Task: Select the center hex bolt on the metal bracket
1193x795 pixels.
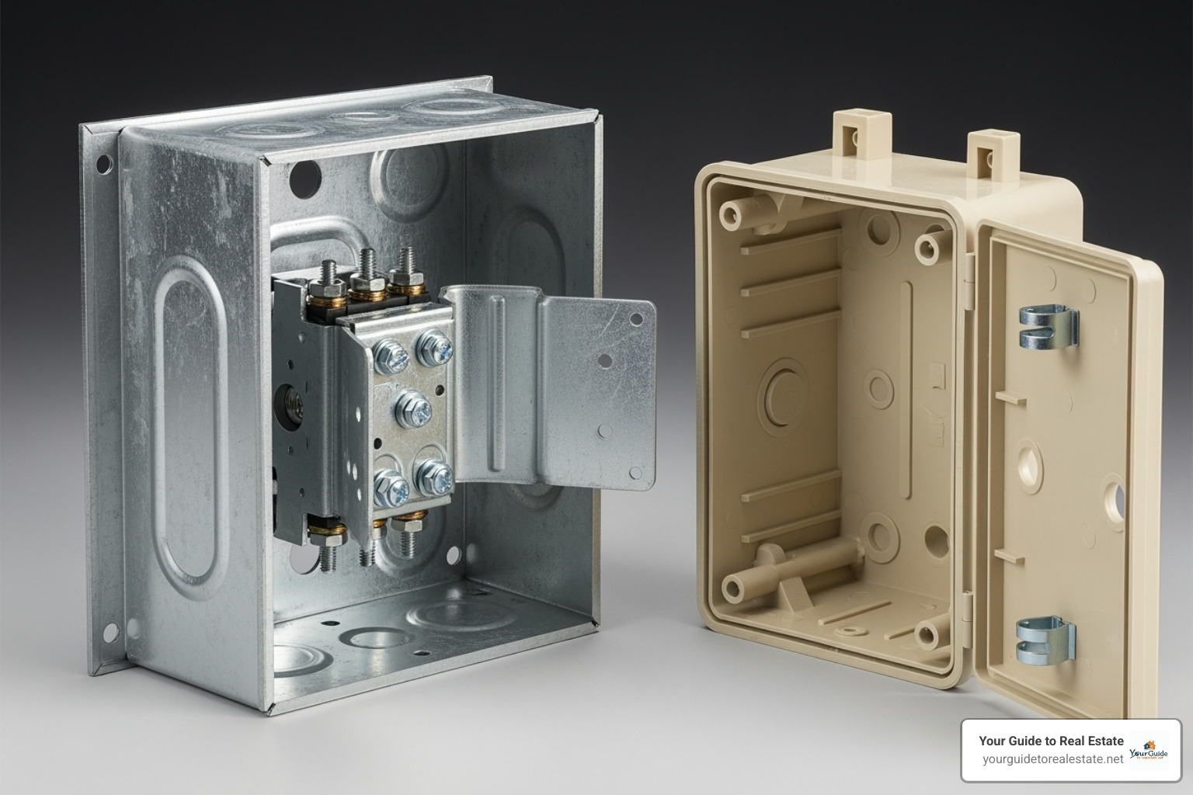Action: point(412,406)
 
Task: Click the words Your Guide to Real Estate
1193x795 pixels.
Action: point(1051,741)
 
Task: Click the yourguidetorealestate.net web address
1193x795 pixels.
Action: point(1052,759)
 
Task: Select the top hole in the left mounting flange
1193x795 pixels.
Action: point(103,164)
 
